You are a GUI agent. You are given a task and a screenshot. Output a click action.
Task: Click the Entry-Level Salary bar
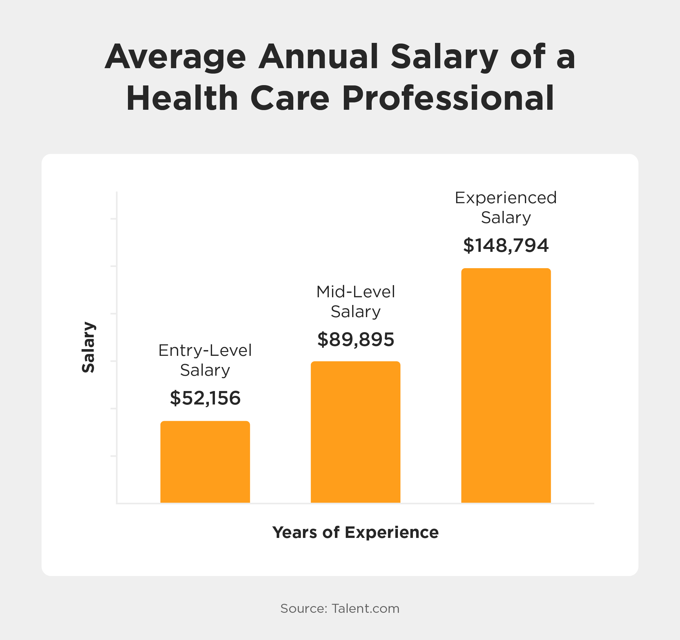[205, 462]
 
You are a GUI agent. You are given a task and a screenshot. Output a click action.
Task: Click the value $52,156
[205, 398]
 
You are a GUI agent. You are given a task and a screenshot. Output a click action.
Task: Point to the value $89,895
[356, 340]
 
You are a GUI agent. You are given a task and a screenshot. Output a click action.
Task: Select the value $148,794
[506, 245]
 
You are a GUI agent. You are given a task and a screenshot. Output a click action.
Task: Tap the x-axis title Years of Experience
[355, 532]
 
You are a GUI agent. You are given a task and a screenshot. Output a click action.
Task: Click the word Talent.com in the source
[365, 609]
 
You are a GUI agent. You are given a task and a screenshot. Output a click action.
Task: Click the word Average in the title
[175, 57]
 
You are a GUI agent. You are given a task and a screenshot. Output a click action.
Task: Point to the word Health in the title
[182, 98]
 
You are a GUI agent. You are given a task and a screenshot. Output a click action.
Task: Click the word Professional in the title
[448, 98]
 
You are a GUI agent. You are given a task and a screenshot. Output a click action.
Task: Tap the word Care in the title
[290, 98]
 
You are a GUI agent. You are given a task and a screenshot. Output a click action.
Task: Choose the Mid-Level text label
[355, 292]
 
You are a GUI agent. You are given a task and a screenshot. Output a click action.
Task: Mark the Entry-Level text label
[205, 350]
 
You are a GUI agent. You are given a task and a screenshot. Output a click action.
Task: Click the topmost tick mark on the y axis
[114, 219]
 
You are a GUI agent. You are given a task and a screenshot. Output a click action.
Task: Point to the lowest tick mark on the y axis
[114, 456]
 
